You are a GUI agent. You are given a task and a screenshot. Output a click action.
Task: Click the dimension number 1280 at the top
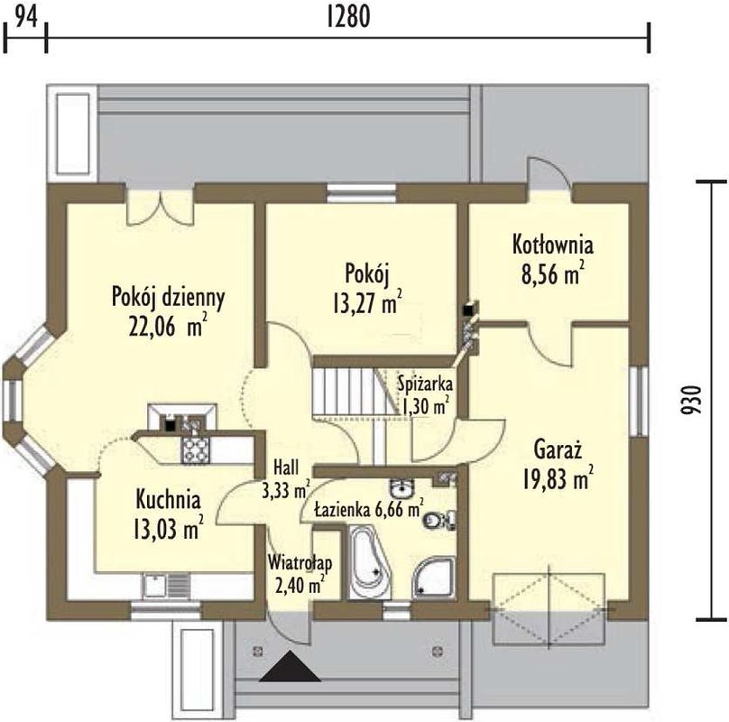point(348,17)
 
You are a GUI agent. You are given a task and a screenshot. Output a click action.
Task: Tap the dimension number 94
point(26,17)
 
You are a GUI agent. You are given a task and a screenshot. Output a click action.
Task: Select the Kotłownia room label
point(552,245)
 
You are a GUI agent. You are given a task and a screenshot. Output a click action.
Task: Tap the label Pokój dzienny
point(169,298)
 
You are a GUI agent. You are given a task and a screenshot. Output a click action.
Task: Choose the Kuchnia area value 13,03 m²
point(169,530)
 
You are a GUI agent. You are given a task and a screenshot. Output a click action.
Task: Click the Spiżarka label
point(426,384)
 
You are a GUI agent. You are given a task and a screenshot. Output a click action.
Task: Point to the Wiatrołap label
point(300,563)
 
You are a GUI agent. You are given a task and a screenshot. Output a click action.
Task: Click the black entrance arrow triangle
point(291,669)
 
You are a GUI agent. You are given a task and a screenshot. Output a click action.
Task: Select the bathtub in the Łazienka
point(369,561)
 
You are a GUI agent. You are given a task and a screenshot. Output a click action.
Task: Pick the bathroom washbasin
point(401,489)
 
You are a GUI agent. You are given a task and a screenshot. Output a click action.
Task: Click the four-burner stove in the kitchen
point(195,449)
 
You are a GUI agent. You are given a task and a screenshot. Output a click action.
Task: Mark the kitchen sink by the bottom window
point(165,585)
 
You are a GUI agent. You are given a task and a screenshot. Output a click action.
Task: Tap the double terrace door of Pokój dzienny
point(161,208)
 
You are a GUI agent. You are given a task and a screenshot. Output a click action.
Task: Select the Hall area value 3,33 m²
point(286,490)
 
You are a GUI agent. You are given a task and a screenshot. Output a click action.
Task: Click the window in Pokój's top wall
point(361,193)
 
